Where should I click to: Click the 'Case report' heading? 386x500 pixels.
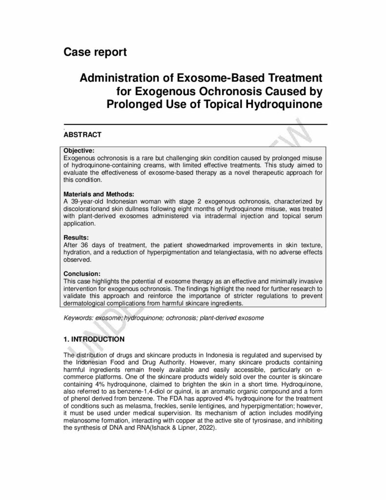pos(95,52)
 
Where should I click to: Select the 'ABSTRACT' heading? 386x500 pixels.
pos(83,134)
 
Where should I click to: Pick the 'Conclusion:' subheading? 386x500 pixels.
pos(82,273)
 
